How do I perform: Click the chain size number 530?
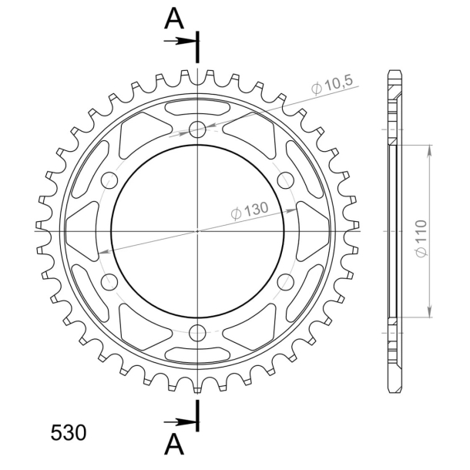pyautogui.click(x=69, y=433)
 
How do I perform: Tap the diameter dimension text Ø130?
pyautogui.click(x=250, y=210)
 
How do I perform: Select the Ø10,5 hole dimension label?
pyautogui.click(x=332, y=85)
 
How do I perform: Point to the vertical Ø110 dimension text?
pyautogui.click(x=421, y=239)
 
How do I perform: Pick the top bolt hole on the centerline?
pyautogui.click(x=197, y=129)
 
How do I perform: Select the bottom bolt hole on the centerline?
pyautogui.click(x=197, y=333)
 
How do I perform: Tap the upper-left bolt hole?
pyautogui.click(x=109, y=180)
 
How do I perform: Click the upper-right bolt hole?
pyautogui.click(x=285, y=180)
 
